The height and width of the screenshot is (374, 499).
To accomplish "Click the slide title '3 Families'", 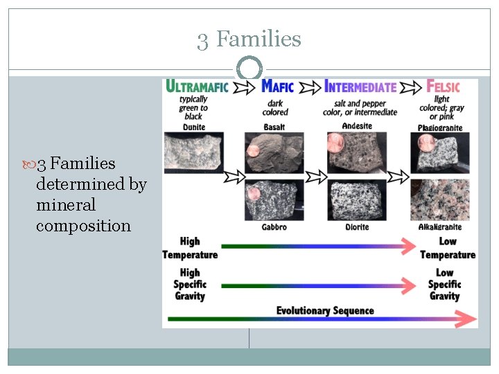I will click(249, 39).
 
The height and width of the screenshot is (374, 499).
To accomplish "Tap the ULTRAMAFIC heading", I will click(196, 87).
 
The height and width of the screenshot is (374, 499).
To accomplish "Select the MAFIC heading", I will click(277, 87).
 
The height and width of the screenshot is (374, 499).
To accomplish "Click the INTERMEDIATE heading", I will click(360, 87).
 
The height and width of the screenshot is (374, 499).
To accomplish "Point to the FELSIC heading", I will click(444, 87).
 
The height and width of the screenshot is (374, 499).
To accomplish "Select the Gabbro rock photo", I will click(275, 199).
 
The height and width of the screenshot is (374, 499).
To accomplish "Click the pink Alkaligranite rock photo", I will click(444, 199).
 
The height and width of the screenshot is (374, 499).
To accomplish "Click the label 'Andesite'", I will click(358, 126).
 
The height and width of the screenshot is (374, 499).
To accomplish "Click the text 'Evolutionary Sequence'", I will click(325, 310).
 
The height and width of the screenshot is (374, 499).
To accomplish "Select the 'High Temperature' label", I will click(189, 248).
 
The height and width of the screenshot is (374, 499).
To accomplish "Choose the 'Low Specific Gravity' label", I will click(444, 284).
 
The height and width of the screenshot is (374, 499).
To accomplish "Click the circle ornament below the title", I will click(249, 69).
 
